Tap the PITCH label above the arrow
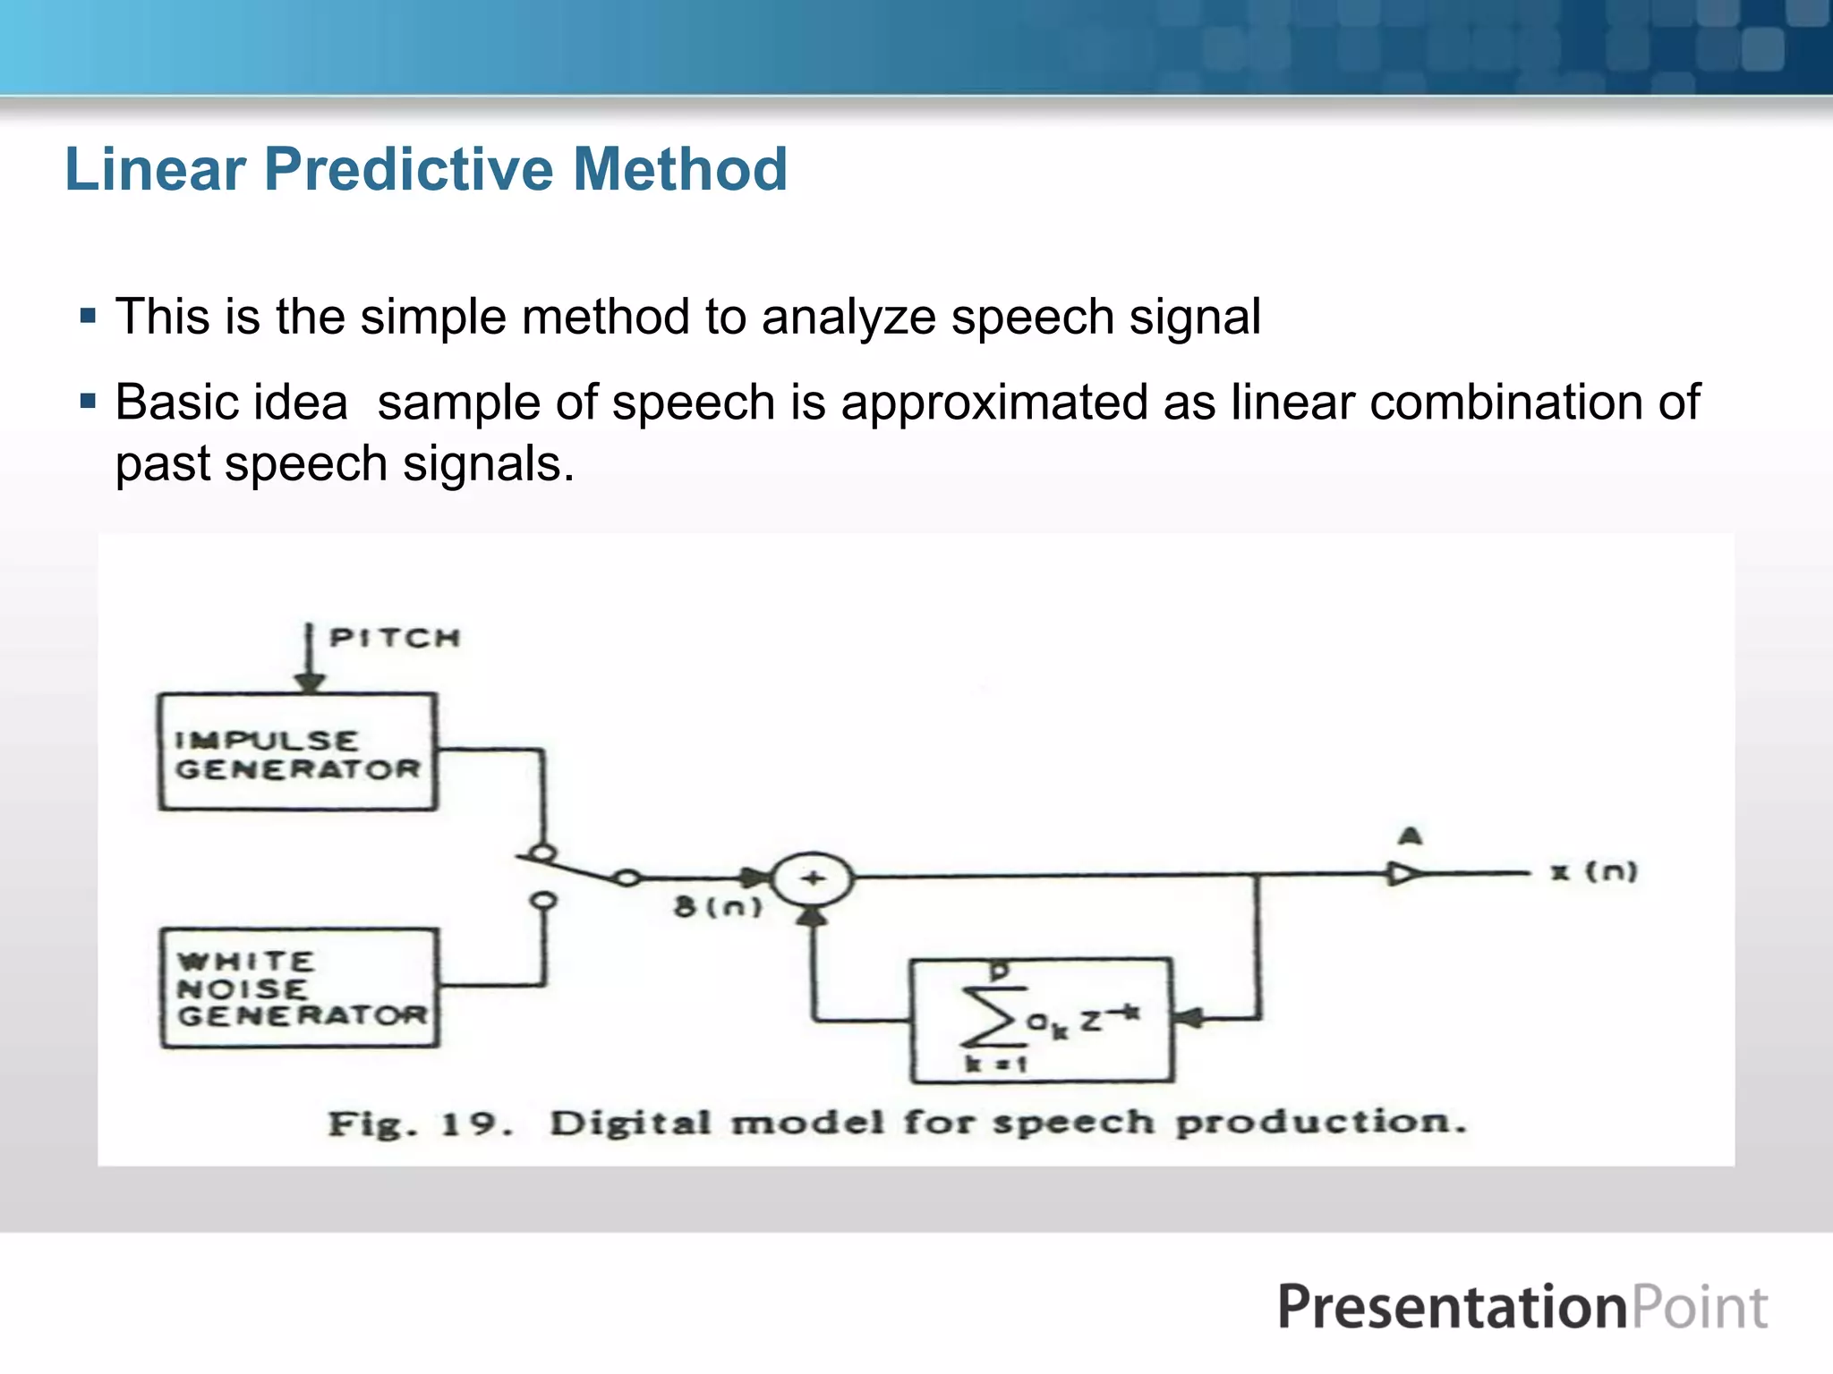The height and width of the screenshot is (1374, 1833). pos(394,638)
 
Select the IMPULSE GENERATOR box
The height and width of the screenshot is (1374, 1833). pos(297,752)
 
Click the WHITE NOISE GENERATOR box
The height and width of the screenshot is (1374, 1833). pos(300,988)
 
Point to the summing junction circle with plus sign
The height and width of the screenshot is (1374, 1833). pos(812,878)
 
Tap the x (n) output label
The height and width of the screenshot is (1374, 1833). pos(1594,871)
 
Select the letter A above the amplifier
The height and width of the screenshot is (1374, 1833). pos(1411,836)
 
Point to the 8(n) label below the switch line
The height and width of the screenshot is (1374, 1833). pos(718,907)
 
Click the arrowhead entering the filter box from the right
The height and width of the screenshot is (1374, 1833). pos(1187,1018)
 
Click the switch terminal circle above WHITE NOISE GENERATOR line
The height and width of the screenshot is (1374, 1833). pos(543,900)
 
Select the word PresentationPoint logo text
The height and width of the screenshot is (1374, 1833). pos(1522,1308)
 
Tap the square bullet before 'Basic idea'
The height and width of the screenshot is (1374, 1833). pos(88,400)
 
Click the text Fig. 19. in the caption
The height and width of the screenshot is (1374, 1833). pos(420,1124)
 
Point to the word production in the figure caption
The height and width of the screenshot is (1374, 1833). pos(1320,1122)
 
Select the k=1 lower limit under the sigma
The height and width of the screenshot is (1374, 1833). pos(995,1064)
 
